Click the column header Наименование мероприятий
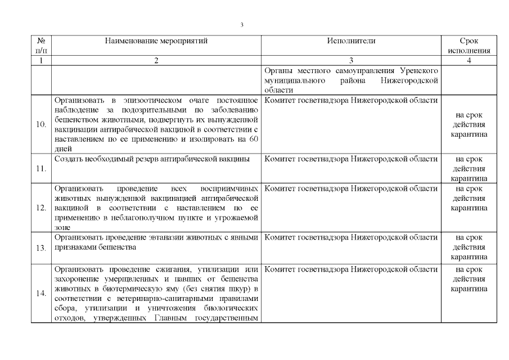[x=156, y=41]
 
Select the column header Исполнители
[x=350, y=41]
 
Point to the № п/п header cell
[x=41, y=46]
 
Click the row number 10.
[x=41, y=124]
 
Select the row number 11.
[x=41, y=168]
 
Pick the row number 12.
[x=41, y=208]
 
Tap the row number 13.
[x=41, y=247]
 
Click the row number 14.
[x=41, y=294]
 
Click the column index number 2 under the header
[x=156, y=61]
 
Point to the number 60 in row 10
[x=252, y=139]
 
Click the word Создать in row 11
[x=67, y=159]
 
